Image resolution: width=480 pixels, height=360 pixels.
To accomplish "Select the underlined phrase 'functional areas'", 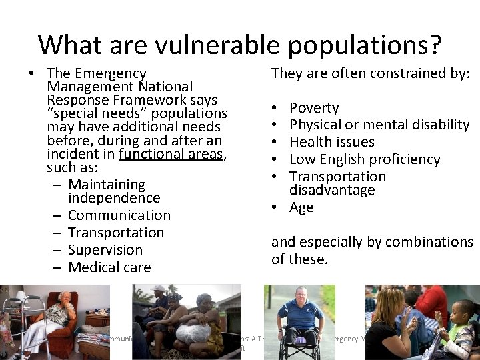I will point(172,155).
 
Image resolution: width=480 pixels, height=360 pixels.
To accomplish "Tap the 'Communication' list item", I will point(119,215).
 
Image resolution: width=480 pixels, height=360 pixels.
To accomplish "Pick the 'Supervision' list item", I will point(105,250).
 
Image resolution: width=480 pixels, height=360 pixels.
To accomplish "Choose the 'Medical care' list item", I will point(109,267).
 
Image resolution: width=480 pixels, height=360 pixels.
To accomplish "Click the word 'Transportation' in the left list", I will point(116,233).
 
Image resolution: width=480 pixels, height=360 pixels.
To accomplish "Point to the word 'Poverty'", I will point(314,107).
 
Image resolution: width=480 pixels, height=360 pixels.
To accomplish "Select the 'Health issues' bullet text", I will point(332,142).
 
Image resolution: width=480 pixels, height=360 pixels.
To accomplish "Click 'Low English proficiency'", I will point(365,159).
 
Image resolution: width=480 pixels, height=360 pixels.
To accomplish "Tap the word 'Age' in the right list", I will point(301,207).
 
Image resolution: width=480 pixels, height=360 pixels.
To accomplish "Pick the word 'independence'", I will point(114,198).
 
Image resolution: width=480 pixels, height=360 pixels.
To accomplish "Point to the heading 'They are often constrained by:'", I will point(371,73).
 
